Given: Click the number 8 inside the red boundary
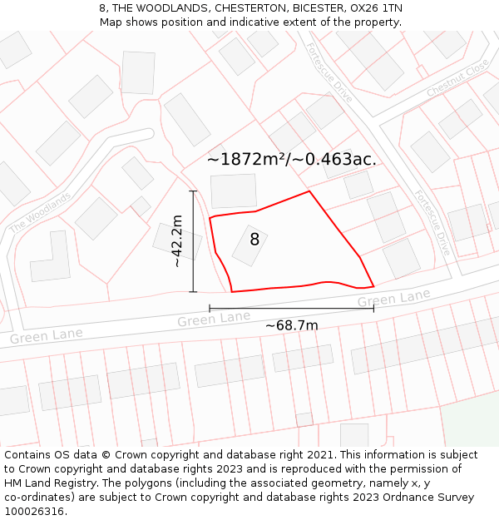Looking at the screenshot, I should [254, 240].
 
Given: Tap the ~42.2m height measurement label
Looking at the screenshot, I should [176, 240].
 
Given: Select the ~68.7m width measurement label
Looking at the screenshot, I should [291, 325].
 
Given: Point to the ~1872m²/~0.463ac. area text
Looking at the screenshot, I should [291, 159].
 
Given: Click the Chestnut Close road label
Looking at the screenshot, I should [457, 80].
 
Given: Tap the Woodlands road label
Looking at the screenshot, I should [40, 212].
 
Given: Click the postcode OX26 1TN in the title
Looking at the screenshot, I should [376, 8].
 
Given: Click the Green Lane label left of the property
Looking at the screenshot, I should [213, 319].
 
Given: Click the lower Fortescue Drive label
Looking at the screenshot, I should [432, 221].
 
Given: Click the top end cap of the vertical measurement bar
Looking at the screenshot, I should [193, 191].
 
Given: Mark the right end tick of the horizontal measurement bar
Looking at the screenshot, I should [373, 309].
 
